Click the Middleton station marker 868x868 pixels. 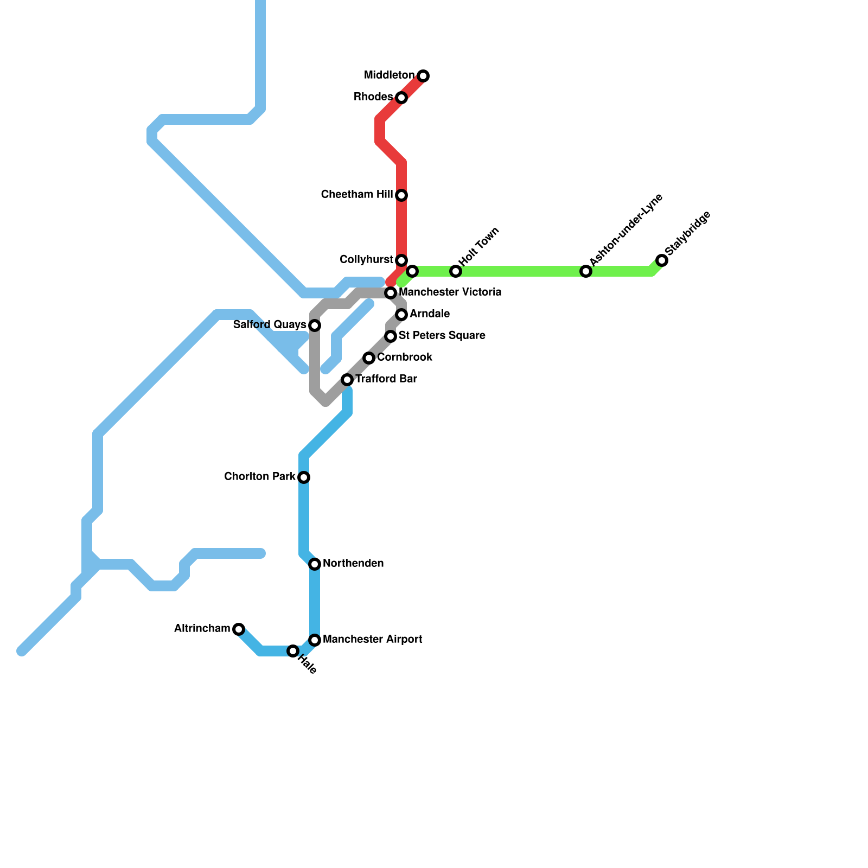coord(423,76)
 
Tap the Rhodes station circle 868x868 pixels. coord(401,98)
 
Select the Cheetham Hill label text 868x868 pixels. coord(356,195)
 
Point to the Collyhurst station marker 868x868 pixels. coord(401,260)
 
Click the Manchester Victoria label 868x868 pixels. coord(450,292)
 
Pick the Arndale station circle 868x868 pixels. coord(401,315)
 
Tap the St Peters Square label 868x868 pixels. coord(442,336)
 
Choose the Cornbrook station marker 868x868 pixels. coord(369,358)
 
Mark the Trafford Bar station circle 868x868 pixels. coord(347,380)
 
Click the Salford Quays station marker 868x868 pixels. coord(315,325)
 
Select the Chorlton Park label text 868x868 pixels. coord(259,477)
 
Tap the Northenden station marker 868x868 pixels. coord(315,564)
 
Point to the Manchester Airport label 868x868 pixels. coord(372,640)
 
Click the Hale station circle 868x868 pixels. coord(293,651)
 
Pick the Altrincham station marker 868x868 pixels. coord(239,629)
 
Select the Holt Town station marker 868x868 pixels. coord(456,271)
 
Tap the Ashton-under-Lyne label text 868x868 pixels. coord(626,230)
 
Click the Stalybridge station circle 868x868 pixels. coord(662,260)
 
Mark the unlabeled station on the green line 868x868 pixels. coord(412,271)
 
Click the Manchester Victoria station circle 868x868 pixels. coord(391,293)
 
